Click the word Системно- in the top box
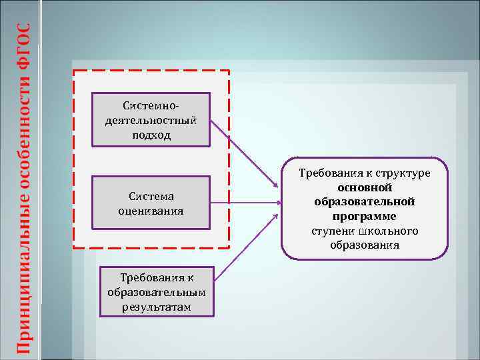[x=151, y=105]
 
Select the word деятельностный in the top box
[x=151, y=121]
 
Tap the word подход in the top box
[x=151, y=135]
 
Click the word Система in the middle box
[x=151, y=196]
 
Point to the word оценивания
[x=151, y=211]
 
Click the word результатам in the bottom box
[x=156, y=307]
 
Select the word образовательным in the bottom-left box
[x=156, y=293]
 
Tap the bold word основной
[x=365, y=188]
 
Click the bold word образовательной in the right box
[x=365, y=202]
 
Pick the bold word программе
[x=365, y=217]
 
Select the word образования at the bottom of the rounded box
[x=365, y=245]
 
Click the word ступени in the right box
[x=331, y=231]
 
